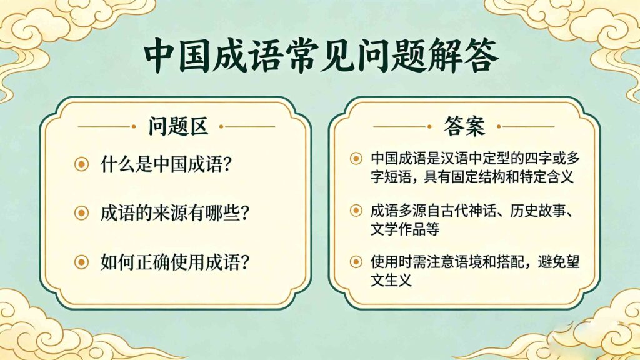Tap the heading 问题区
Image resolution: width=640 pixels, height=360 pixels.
[178, 126]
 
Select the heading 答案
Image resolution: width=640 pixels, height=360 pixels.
[464, 126]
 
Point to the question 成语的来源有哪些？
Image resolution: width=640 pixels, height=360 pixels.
[176, 213]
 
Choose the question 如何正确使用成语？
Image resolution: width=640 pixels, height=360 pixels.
[176, 261]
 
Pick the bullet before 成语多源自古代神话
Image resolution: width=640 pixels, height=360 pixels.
[356, 211]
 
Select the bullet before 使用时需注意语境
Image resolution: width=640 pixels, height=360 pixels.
[356, 262]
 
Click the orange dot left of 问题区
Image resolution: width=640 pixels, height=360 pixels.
[133, 126]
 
